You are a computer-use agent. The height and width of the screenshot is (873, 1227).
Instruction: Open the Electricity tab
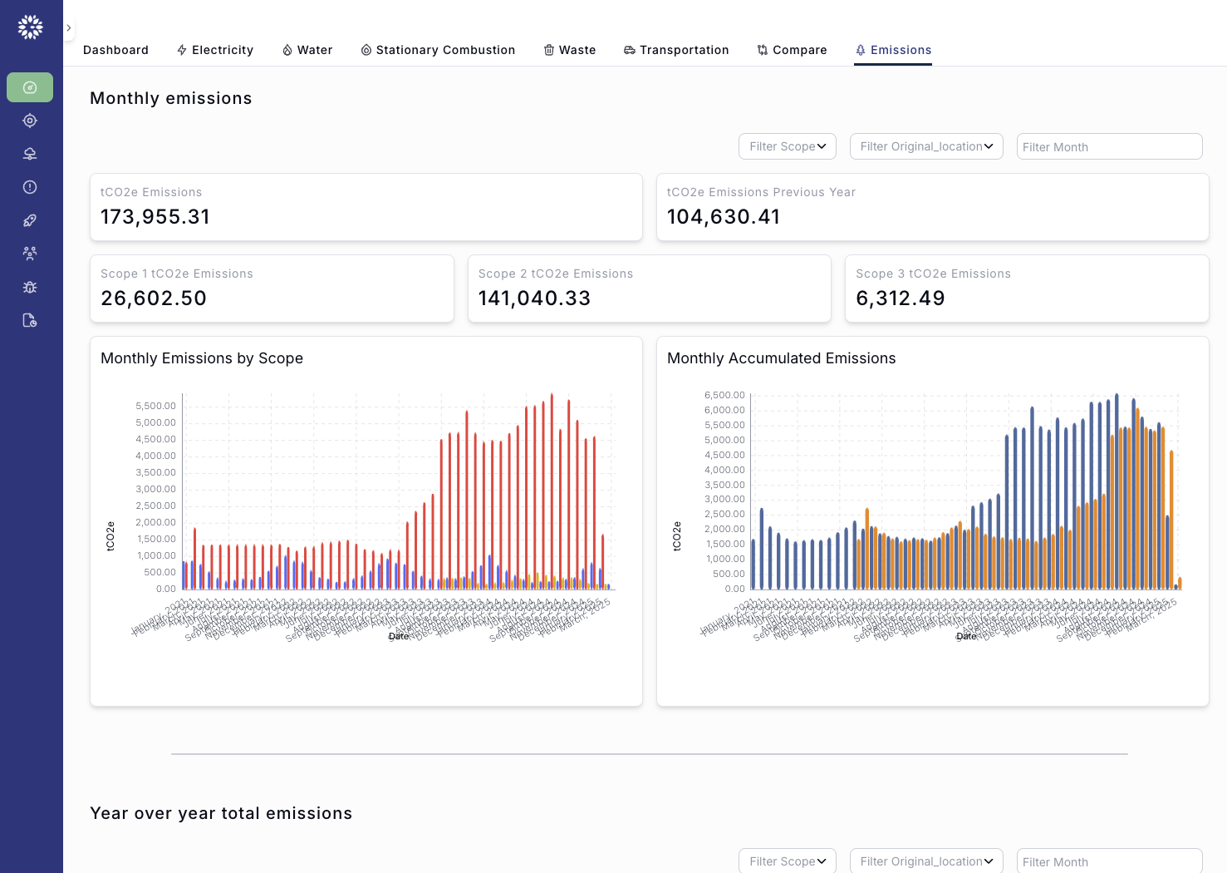tap(215, 50)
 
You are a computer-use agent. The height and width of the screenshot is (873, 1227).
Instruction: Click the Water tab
tap(307, 50)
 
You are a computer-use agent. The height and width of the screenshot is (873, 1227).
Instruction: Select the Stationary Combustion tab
tap(438, 50)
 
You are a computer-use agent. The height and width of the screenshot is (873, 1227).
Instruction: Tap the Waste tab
tap(570, 50)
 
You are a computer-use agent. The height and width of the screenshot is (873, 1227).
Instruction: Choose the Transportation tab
tap(676, 50)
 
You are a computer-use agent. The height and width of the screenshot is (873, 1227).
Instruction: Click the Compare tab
tap(792, 50)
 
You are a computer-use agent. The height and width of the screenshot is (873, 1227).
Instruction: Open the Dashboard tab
tap(115, 50)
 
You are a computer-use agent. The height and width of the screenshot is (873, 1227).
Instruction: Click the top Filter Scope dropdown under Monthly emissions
tap(787, 146)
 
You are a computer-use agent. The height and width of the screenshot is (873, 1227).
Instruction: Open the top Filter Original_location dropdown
tap(926, 146)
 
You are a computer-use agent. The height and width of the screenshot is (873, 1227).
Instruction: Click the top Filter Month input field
tap(1109, 146)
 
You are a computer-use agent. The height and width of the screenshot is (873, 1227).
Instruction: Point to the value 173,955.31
tap(155, 217)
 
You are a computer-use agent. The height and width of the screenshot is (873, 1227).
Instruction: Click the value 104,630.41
tap(724, 217)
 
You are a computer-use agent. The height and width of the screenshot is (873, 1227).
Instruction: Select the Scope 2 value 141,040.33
tap(534, 298)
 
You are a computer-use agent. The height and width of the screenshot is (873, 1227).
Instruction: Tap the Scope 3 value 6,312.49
tap(901, 298)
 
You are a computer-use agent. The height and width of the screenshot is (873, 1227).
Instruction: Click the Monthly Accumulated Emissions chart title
tap(781, 358)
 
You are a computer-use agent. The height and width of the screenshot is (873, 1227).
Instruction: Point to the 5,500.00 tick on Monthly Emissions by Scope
tap(155, 406)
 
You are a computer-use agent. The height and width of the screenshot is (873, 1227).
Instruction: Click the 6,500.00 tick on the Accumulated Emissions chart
tap(724, 395)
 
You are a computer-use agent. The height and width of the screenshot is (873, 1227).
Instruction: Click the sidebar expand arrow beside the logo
tap(68, 28)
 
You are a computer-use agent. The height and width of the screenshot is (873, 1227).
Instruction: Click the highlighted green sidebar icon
tap(30, 87)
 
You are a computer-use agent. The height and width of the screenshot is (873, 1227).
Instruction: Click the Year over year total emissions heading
tap(221, 813)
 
